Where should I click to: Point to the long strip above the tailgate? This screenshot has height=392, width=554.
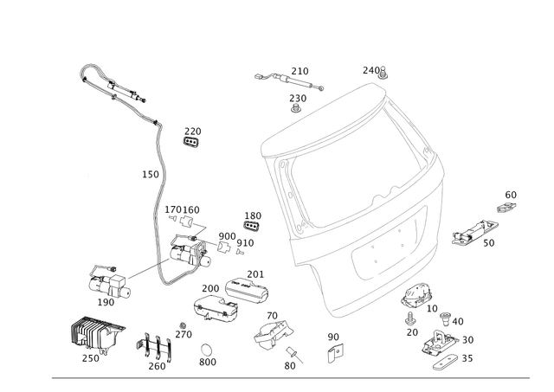pyautogui.click(x=290, y=80)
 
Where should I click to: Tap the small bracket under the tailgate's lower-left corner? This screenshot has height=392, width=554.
pyautogui.click(x=334, y=344)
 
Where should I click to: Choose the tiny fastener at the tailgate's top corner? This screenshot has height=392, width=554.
pyautogui.click(x=378, y=74)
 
